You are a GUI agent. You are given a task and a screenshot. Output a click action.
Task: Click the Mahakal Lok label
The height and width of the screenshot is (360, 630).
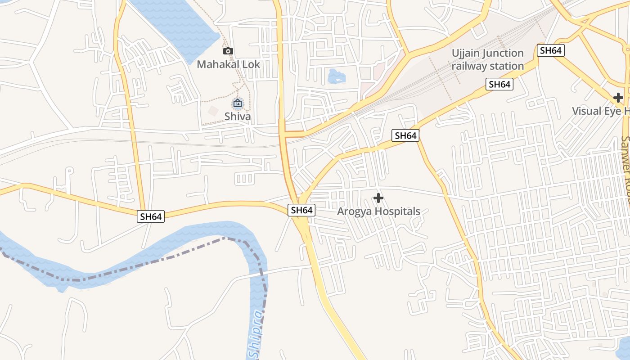pos(229,64)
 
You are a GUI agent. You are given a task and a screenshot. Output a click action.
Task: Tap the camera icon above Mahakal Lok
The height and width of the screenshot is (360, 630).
pos(228,51)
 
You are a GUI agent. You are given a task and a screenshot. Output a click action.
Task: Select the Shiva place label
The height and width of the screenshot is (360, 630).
pos(238,117)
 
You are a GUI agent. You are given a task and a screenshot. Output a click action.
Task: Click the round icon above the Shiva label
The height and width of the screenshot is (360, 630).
pos(238,104)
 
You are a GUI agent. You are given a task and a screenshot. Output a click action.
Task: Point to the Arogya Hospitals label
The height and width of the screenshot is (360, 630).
pos(378,211)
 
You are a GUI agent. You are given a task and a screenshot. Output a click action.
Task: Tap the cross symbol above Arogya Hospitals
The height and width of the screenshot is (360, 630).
pos(378,198)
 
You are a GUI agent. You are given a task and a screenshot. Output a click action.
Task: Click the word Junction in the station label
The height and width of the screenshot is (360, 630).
pos(503,54)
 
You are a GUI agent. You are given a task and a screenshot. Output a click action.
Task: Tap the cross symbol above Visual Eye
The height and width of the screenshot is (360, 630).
pos(618,97)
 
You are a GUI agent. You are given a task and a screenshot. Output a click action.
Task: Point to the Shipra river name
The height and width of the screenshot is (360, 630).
pos(255,333)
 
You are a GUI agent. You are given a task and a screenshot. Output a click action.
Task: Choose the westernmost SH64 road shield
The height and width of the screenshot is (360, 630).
pos(151,216)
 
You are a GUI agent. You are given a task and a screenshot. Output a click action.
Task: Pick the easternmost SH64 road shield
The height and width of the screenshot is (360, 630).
pos(551,50)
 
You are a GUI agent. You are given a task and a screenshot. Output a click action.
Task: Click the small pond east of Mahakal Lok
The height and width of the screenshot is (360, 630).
pos(336,76)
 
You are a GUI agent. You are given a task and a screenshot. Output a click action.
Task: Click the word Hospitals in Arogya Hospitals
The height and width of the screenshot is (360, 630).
pos(398,211)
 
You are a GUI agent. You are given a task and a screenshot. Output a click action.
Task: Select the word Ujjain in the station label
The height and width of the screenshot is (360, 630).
pos(466,54)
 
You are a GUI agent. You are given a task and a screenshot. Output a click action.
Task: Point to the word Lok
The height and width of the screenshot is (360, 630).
pos(251,64)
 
